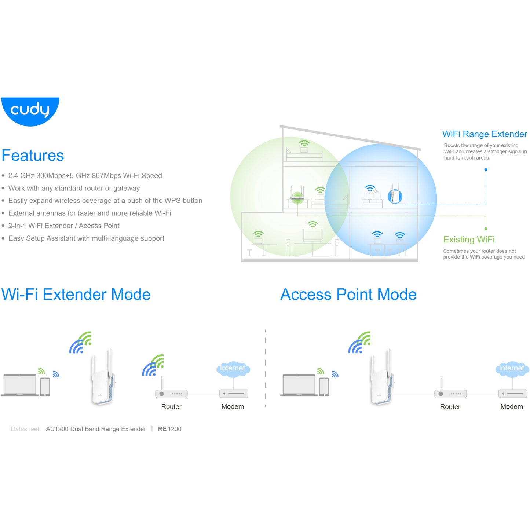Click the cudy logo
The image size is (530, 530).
point(30,112)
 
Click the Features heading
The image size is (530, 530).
point(33,156)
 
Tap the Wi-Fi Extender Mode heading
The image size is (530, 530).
point(76,294)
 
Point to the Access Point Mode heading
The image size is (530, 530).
point(348,294)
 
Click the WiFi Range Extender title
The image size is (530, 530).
point(485,134)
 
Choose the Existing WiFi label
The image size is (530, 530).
point(469,239)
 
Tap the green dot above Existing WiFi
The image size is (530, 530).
point(486,229)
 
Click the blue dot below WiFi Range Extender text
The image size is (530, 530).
point(486,170)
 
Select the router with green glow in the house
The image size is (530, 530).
point(297,196)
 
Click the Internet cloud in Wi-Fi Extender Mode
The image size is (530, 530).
point(233,369)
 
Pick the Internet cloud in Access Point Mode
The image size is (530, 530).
point(512,369)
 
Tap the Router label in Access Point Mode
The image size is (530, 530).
point(450,406)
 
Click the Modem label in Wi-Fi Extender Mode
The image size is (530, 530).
point(233,406)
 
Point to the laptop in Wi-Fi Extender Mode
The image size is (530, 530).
point(20,385)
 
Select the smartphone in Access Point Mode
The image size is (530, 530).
point(324,387)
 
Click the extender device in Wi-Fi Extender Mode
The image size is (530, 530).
point(103,377)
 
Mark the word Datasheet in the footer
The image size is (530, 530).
point(25,429)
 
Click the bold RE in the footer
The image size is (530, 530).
point(162,429)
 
